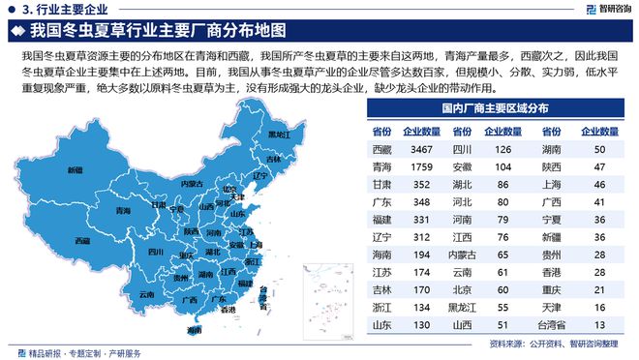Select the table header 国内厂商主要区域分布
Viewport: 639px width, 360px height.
point(493,109)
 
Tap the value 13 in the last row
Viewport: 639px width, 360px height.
point(599,325)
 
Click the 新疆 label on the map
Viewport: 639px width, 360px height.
point(74,170)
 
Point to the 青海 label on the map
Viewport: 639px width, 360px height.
point(123,210)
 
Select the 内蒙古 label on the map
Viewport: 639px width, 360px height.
point(192,183)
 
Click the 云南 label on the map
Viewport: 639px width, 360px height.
point(146,293)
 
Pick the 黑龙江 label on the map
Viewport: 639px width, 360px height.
point(277,135)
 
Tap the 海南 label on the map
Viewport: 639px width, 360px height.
point(195,330)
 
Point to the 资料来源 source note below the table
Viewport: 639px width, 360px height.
point(553,344)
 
